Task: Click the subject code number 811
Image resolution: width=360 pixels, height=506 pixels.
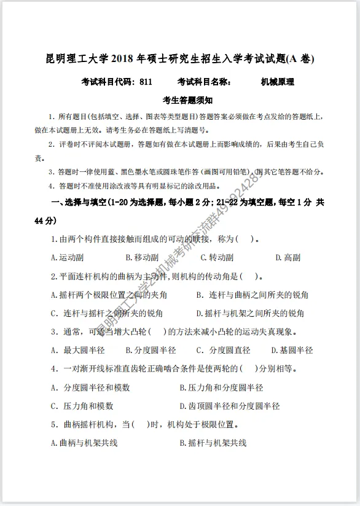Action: tap(146, 81)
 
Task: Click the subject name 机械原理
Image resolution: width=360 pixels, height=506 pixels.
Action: tap(277, 81)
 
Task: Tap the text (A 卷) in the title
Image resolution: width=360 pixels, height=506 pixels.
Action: tap(301, 59)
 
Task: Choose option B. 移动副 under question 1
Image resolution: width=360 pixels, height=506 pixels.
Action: tap(141, 258)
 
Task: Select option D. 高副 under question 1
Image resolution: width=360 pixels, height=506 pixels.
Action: tap(288, 258)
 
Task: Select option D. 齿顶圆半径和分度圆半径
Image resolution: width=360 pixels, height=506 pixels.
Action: tap(230, 406)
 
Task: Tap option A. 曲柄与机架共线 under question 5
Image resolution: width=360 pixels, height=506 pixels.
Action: tap(84, 443)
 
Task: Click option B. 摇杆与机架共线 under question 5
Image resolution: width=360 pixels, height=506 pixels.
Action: tap(213, 443)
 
